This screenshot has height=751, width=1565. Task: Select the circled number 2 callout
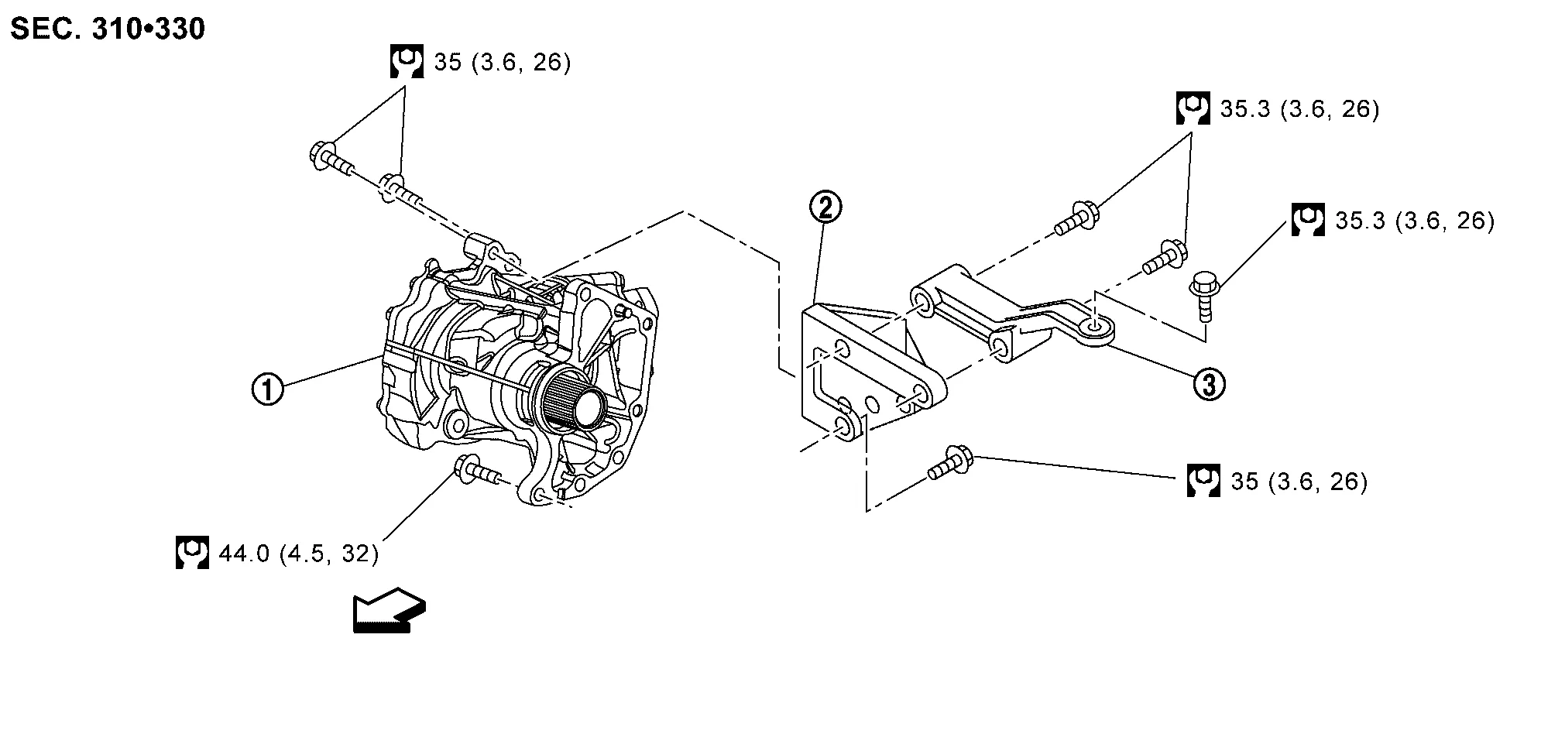[x=825, y=207]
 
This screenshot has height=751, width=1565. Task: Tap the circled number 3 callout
[x=1209, y=383]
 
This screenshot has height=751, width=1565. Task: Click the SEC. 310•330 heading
[x=108, y=29]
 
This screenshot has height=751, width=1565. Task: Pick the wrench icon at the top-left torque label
[x=407, y=61]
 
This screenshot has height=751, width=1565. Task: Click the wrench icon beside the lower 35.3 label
[x=1308, y=220]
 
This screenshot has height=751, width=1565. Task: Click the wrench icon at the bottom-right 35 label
[x=1203, y=481]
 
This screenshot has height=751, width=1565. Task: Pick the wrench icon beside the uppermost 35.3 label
[x=1193, y=108]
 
